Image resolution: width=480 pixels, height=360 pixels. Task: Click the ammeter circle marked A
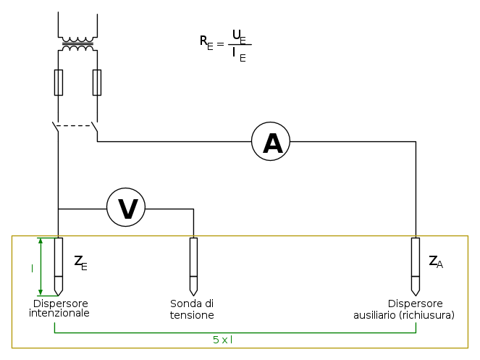[x=271, y=142]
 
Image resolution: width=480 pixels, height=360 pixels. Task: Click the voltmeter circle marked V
[x=126, y=208]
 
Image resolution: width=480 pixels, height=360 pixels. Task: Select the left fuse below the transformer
[x=59, y=83]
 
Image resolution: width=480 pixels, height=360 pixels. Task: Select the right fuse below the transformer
[x=97, y=83]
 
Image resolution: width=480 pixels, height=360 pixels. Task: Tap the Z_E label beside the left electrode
[x=80, y=262]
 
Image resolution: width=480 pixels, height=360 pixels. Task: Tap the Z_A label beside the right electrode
[x=435, y=262]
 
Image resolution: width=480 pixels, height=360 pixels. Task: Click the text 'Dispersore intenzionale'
[x=60, y=309]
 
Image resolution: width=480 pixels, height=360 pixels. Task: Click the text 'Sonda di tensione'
[x=192, y=309]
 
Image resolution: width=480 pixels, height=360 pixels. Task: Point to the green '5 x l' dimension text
[x=222, y=339]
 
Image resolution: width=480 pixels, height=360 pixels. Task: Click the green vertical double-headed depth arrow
[x=41, y=266]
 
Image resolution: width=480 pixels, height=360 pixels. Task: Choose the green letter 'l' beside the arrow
[x=32, y=268]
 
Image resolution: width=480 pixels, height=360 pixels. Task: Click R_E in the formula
[x=206, y=42]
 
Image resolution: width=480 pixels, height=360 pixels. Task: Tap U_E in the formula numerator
[x=239, y=35]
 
